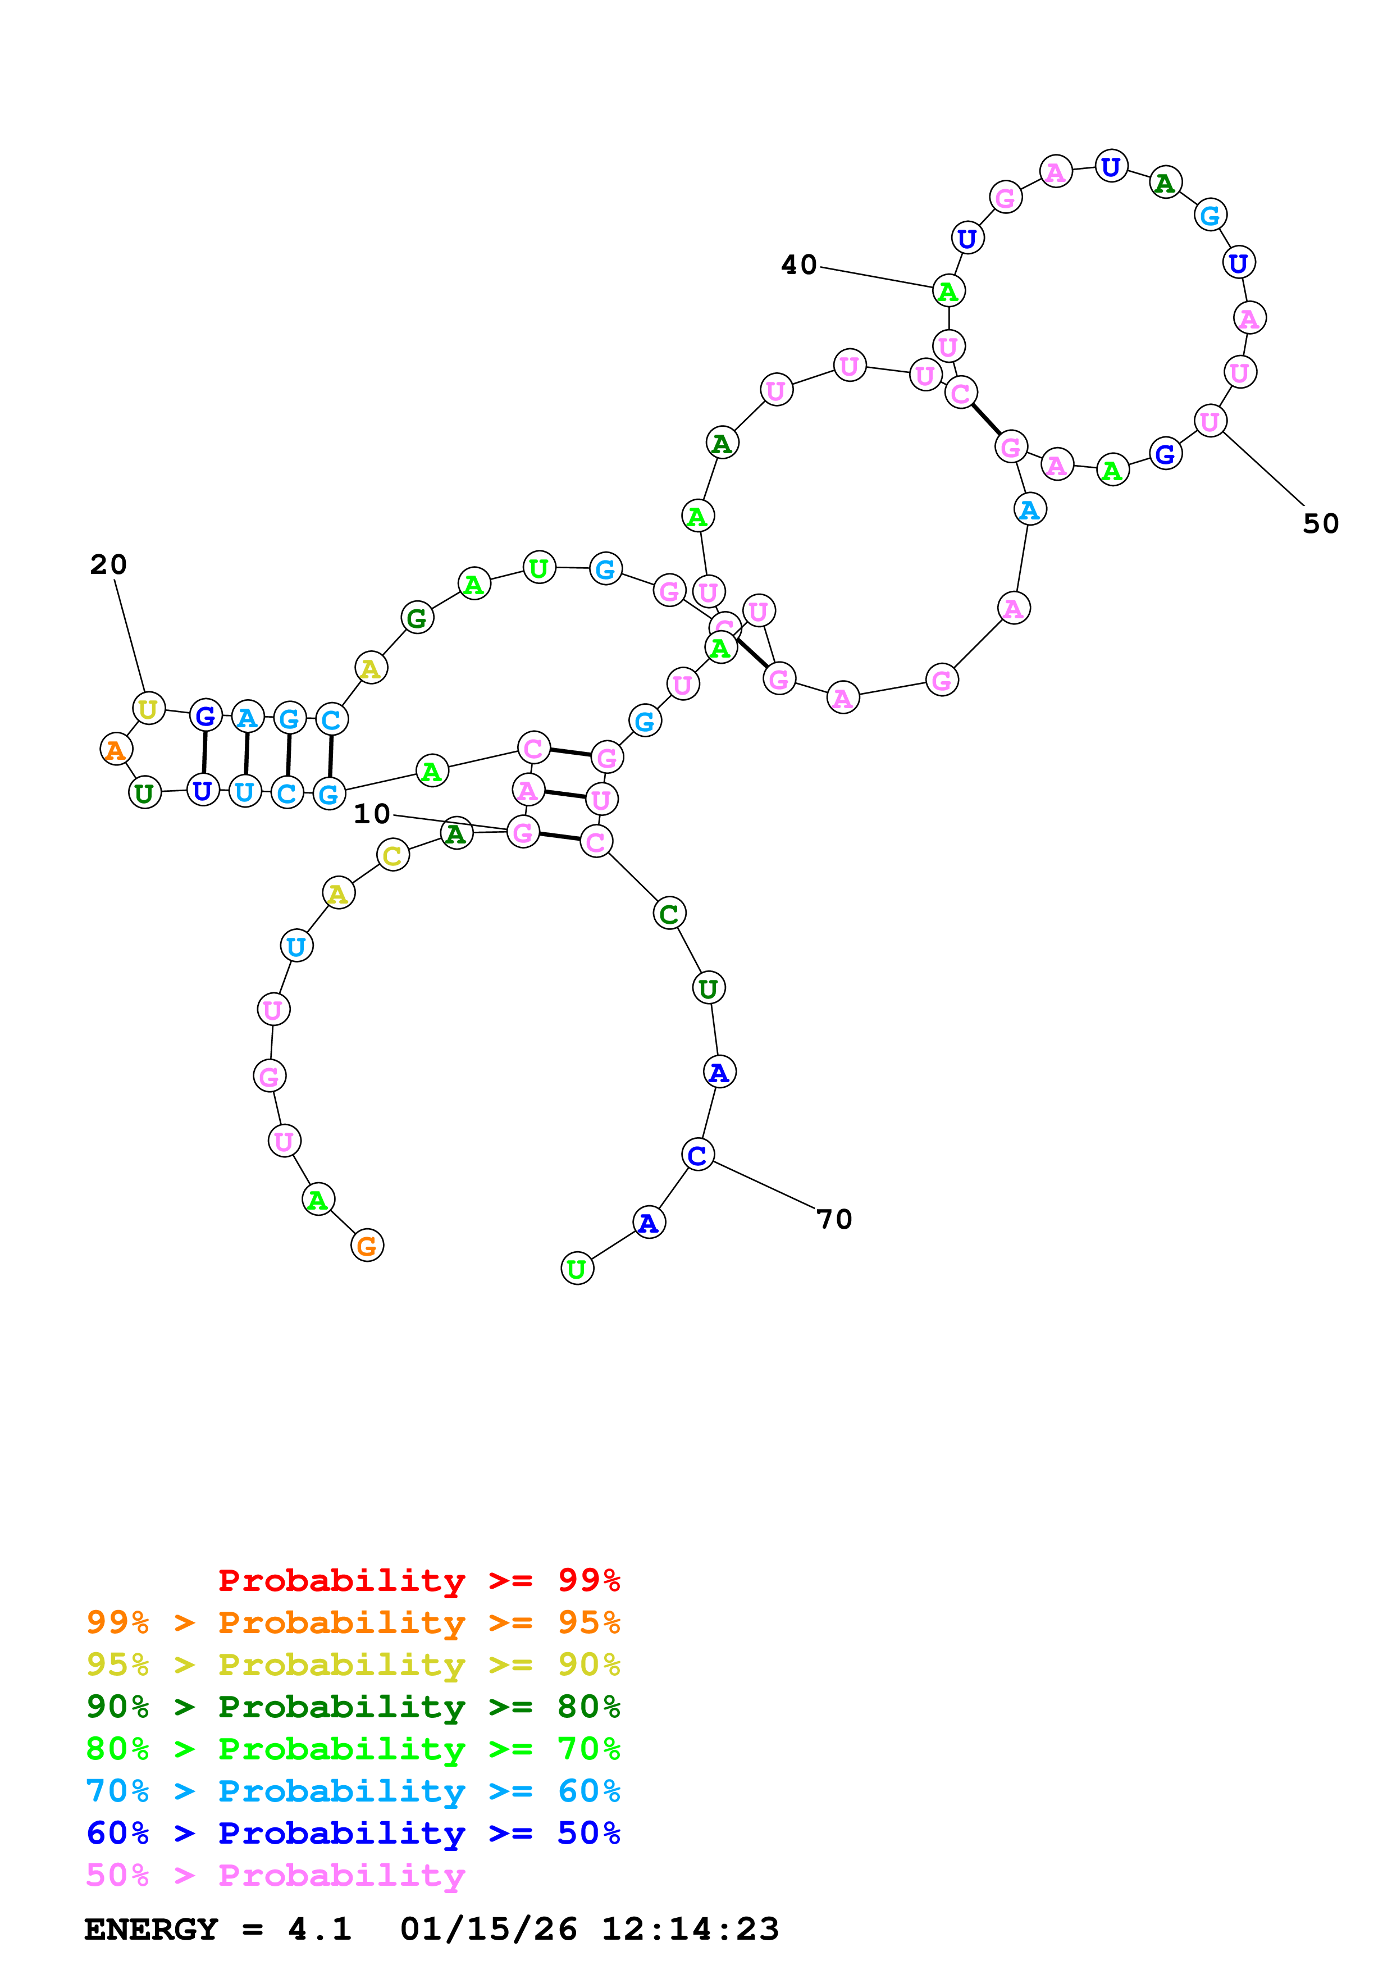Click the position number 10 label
[371, 813]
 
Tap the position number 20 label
[108, 564]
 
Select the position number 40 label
[798, 265]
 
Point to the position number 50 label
[1320, 523]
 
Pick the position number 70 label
[834, 1219]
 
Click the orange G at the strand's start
[367, 1246]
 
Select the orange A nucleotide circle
[116, 749]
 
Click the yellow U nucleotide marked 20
[148, 709]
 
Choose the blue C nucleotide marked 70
[697, 1155]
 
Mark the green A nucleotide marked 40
[948, 291]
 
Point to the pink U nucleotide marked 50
[1210, 421]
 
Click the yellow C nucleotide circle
[393, 855]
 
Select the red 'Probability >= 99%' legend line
[418, 1580]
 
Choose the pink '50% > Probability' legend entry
[275, 1875]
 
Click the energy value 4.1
[319, 1930]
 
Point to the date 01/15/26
[488, 1930]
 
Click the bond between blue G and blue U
[204, 753]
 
